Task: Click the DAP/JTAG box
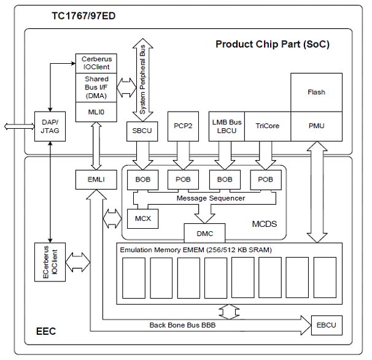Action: click(50, 126)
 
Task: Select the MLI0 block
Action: click(95, 112)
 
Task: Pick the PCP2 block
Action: click(182, 126)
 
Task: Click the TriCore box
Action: click(267, 126)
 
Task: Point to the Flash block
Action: click(316, 92)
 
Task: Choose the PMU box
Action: click(316, 126)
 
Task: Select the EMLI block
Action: click(95, 180)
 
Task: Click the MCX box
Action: click(142, 217)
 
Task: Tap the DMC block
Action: click(204, 233)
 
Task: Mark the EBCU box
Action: click(326, 323)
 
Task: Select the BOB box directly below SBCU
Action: click(143, 180)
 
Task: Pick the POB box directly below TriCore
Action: click(266, 180)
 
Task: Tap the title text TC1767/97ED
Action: click(85, 14)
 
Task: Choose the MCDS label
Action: click(264, 224)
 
